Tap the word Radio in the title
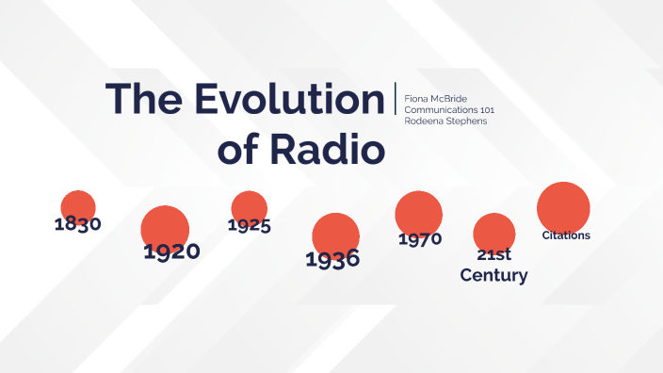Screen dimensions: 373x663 point(337,149)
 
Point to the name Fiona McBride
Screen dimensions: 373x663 point(435,98)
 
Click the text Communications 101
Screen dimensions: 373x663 point(448,109)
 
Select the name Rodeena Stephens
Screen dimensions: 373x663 point(445,121)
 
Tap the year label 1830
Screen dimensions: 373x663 point(77,224)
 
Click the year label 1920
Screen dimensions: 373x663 point(171,251)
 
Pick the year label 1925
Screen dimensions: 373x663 point(250,225)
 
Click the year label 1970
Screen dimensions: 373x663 point(420,239)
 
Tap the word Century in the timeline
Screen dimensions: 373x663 point(493,276)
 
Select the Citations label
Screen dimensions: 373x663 point(566,235)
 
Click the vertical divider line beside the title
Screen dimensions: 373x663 point(396,99)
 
